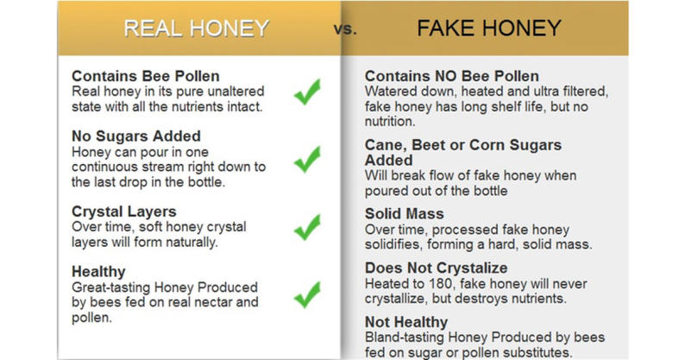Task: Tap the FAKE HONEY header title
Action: click(489, 28)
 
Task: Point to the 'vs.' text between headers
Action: click(344, 29)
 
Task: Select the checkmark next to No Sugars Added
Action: click(306, 160)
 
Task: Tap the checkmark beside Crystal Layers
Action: click(306, 227)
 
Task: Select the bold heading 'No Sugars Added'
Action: click(136, 136)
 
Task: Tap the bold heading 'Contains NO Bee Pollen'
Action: click(452, 76)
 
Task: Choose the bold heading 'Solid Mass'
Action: click(405, 212)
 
